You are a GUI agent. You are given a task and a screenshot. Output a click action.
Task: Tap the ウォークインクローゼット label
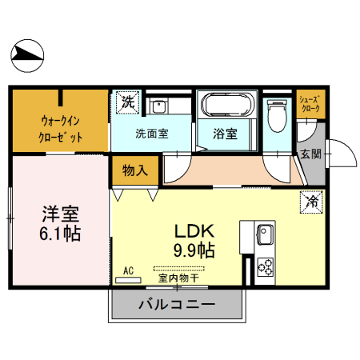(61, 128)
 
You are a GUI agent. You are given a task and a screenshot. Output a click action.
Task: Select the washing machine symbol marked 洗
(127, 102)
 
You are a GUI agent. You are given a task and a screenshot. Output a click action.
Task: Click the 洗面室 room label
(151, 134)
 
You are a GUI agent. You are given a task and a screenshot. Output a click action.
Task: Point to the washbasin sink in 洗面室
(159, 106)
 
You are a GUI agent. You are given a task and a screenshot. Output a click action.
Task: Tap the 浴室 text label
(225, 134)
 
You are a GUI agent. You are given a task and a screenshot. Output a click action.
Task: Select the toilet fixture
(278, 117)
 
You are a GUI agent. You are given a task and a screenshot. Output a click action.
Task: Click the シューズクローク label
(309, 103)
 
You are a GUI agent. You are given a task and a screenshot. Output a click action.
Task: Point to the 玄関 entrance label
(310, 154)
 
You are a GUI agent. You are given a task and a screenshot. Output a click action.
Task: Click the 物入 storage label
(134, 170)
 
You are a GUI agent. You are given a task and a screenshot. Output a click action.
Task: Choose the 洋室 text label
(61, 215)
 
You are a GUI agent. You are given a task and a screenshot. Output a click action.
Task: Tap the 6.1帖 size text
(61, 234)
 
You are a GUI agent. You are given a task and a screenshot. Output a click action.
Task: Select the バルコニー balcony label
(176, 304)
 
